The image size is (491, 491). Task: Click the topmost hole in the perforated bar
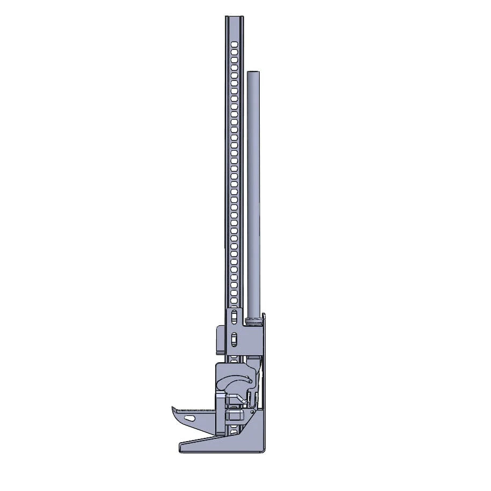234,42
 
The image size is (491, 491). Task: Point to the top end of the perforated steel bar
234,18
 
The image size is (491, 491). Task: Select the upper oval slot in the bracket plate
234,318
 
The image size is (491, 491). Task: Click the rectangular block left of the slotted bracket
219,339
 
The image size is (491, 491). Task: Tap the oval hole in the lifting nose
189,417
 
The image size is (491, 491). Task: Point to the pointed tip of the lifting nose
173,408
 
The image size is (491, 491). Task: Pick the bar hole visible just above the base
234,430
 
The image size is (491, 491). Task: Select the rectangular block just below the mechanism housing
234,415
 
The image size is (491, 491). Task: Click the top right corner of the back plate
265,314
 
